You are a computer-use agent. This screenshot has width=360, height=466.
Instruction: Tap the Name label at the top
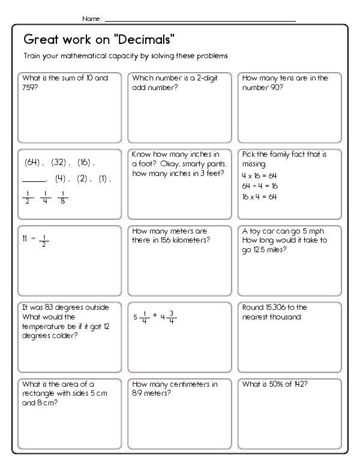point(91,19)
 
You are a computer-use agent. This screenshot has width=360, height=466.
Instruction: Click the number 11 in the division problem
point(25,238)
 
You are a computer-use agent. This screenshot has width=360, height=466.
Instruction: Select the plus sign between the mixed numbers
point(155,315)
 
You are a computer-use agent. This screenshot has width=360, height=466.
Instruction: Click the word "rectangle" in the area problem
point(37,393)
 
